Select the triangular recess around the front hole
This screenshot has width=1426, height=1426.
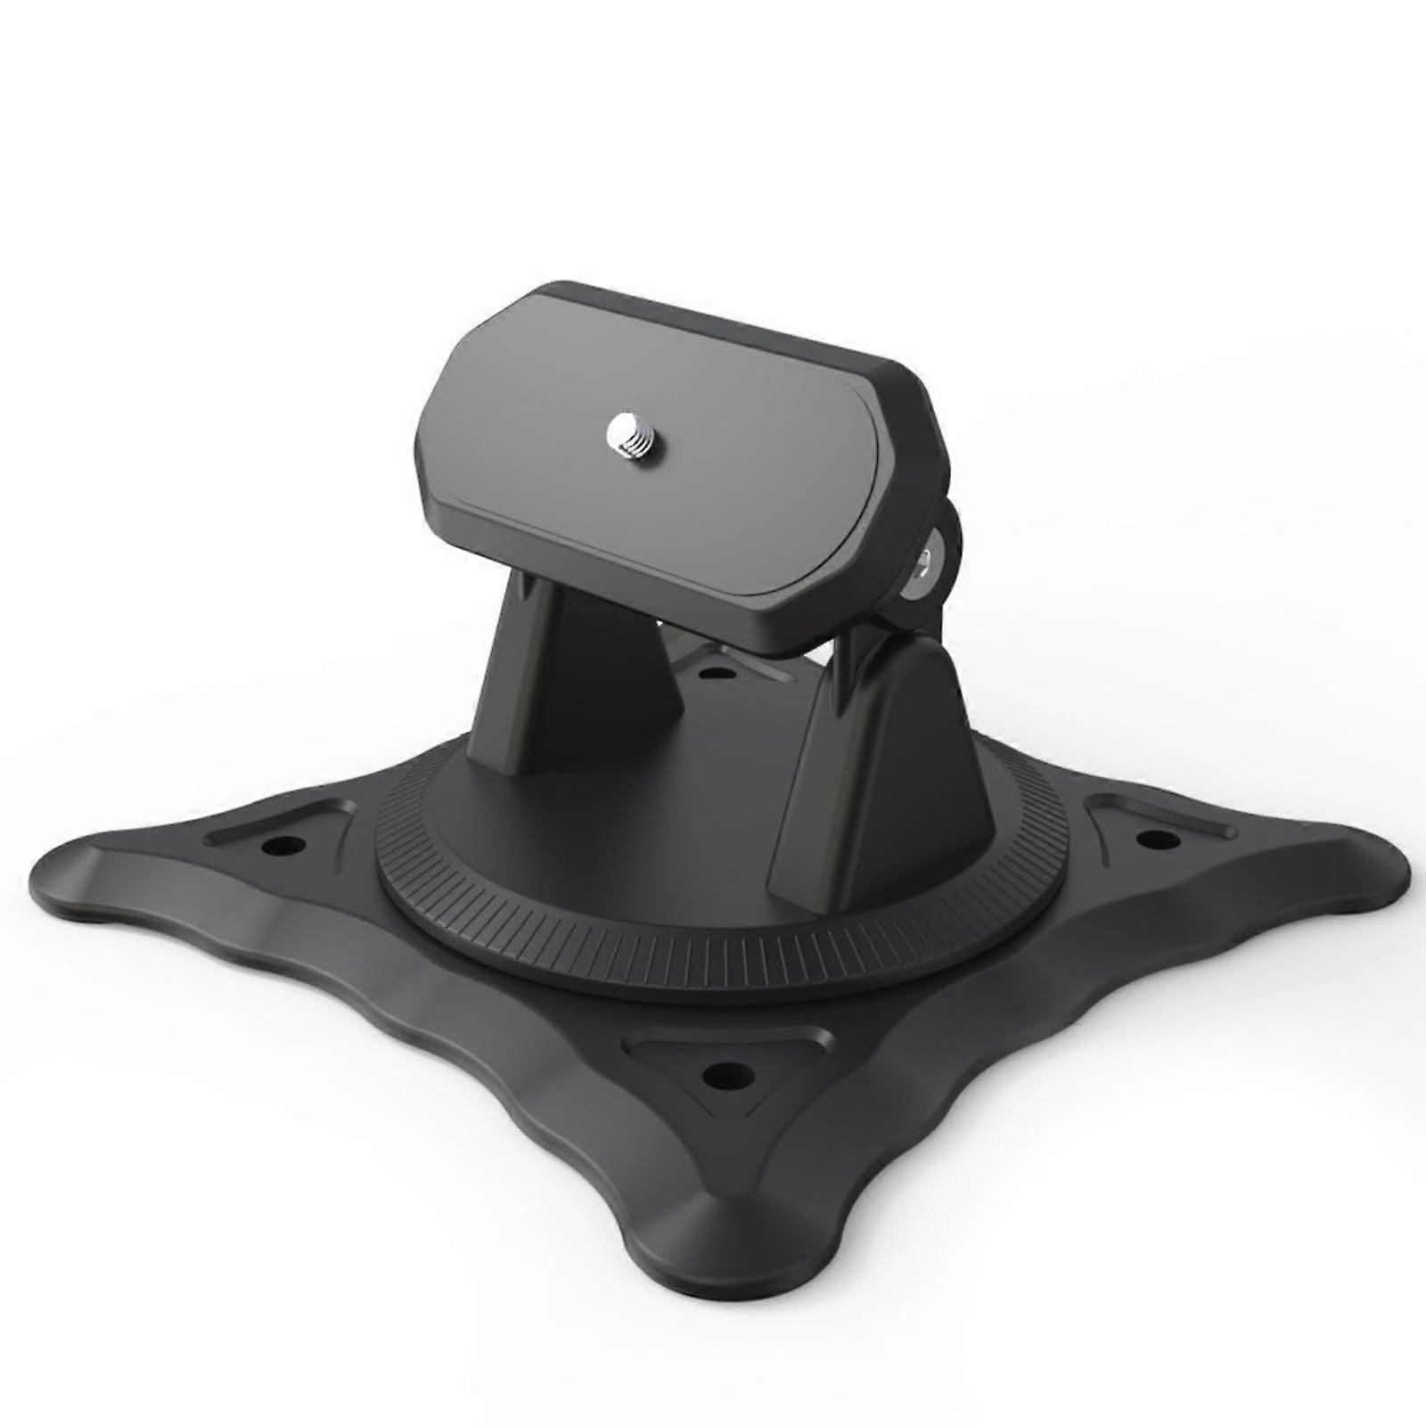coord(704,1052)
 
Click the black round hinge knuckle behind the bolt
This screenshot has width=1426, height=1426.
coord(949,535)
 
